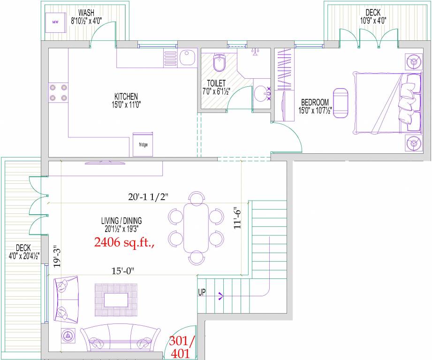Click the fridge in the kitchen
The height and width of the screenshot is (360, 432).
tap(143, 143)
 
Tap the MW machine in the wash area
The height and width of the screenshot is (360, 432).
tap(55, 22)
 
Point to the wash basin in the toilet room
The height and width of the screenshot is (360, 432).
tap(262, 93)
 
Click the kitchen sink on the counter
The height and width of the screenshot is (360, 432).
tap(187, 59)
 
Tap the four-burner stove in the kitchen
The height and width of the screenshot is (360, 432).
tap(58, 92)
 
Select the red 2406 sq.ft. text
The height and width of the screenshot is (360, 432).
tap(124, 242)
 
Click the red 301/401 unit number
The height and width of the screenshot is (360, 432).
tap(180, 347)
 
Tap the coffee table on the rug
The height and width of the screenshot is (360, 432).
tap(116, 300)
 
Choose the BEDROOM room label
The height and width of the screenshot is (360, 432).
tap(314, 103)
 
